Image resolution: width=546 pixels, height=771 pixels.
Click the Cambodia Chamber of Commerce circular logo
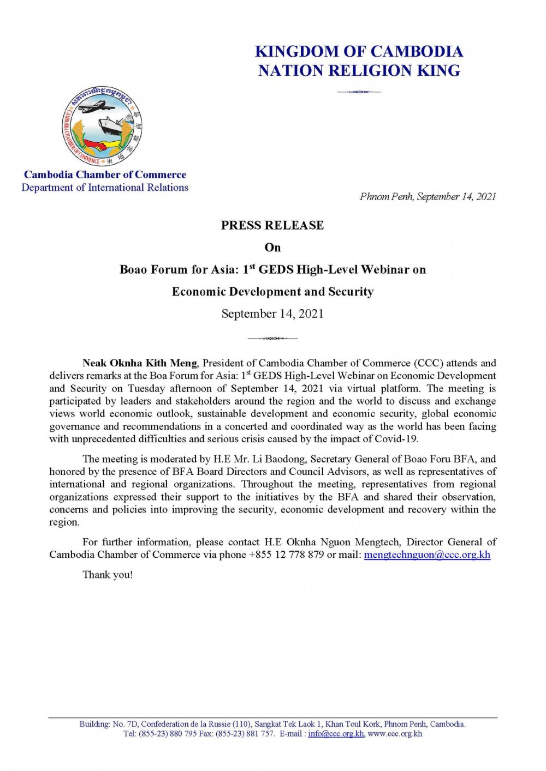tap(102, 125)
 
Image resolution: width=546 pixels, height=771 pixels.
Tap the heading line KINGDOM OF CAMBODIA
tap(359, 52)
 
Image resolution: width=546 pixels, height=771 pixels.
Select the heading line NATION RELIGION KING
tap(359, 71)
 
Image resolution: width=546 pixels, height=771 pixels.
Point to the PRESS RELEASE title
tap(272, 225)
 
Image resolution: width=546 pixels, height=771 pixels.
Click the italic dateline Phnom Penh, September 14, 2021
tap(428, 197)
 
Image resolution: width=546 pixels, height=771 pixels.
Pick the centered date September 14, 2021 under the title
tap(272, 314)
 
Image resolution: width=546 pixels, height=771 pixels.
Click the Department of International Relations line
tap(105, 188)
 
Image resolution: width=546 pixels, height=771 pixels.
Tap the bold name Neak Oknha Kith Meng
tap(139, 363)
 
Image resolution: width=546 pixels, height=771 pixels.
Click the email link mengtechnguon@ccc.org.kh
tap(427, 555)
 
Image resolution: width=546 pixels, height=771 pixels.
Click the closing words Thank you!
tap(108, 575)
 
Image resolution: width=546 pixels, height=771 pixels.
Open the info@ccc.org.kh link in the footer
tap(335, 734)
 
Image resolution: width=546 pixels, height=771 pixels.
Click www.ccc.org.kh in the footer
tap(395, 734)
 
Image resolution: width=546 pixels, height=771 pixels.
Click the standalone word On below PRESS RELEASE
tap(272, 248)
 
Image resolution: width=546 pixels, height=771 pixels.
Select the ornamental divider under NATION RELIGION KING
tap(359, 92)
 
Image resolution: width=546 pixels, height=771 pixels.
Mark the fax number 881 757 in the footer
tap(261, 734)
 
